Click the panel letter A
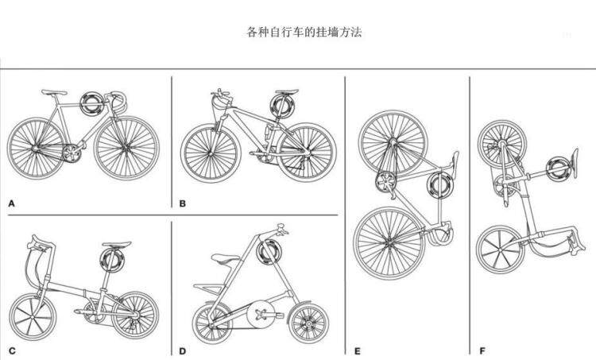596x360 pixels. coord(12,203)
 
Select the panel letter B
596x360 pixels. coord(183,203)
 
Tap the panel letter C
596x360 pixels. coord(12,350)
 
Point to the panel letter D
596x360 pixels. coord(183,350)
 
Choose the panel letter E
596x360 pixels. coord(358,350)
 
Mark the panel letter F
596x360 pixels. coord(482,350)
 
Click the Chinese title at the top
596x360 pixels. coord(305,33)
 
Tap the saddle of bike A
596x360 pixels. coord(53,92)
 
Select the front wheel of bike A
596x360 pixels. coord(127,147)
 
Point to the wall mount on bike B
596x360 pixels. coord(281,105)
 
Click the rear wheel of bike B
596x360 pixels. coord(305,151)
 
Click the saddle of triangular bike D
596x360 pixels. coord(223,258)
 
